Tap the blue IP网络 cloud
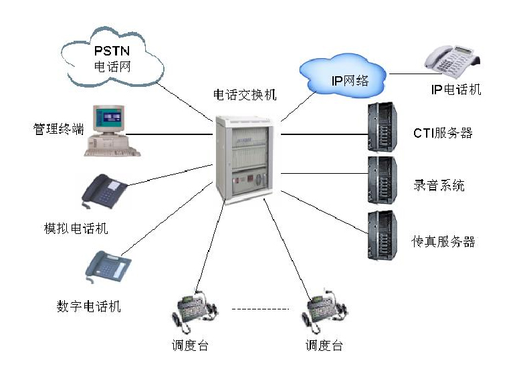(x=342, y=78)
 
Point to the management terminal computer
(x=106, y=130)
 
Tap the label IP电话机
(x=455, y=89)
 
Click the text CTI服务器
(x=442, y=133)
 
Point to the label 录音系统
(x=439, y=186)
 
